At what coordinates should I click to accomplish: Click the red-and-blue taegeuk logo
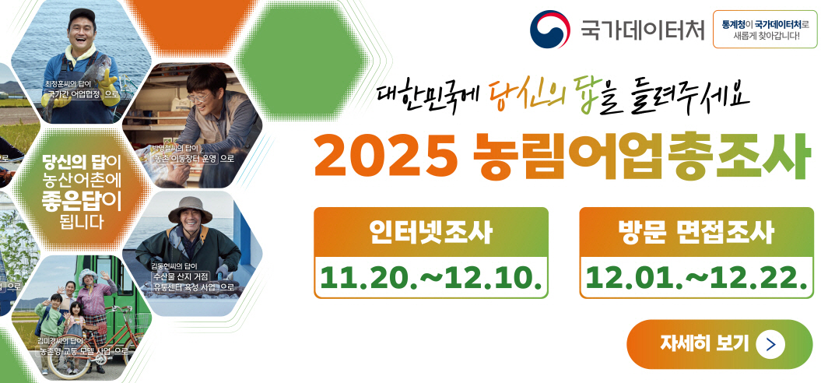(549, 30)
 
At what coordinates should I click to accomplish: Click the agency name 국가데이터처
(642, 30)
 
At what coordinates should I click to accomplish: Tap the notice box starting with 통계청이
(765, 30)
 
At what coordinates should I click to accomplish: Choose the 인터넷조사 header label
(430, 231)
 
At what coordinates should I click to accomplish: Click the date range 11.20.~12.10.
(430, 276)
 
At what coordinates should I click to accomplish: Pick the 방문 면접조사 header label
(696, 231)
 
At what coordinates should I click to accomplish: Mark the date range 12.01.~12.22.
(696, 276)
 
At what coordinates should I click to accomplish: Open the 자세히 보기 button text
(704, 343)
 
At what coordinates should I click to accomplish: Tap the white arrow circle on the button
(770, 343)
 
